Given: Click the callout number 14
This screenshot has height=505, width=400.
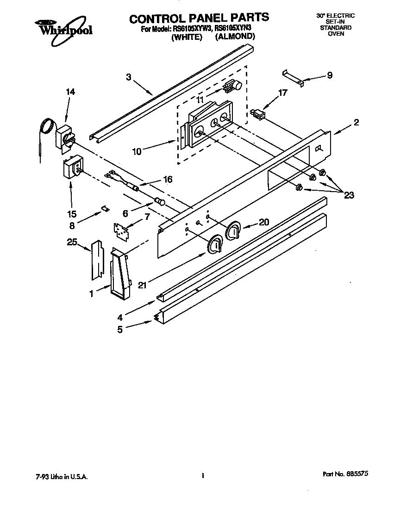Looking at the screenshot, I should click(70, 92).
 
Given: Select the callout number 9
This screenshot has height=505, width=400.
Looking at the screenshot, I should click(329, 75).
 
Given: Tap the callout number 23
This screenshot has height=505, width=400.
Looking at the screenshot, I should click(349, 195).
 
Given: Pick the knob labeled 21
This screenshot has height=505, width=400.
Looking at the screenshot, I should click(214, 245).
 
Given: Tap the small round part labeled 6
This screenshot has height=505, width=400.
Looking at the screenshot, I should click(160, 201).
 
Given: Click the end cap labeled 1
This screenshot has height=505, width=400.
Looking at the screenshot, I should click(120, 274).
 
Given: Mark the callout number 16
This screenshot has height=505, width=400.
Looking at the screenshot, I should click(168, 179).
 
